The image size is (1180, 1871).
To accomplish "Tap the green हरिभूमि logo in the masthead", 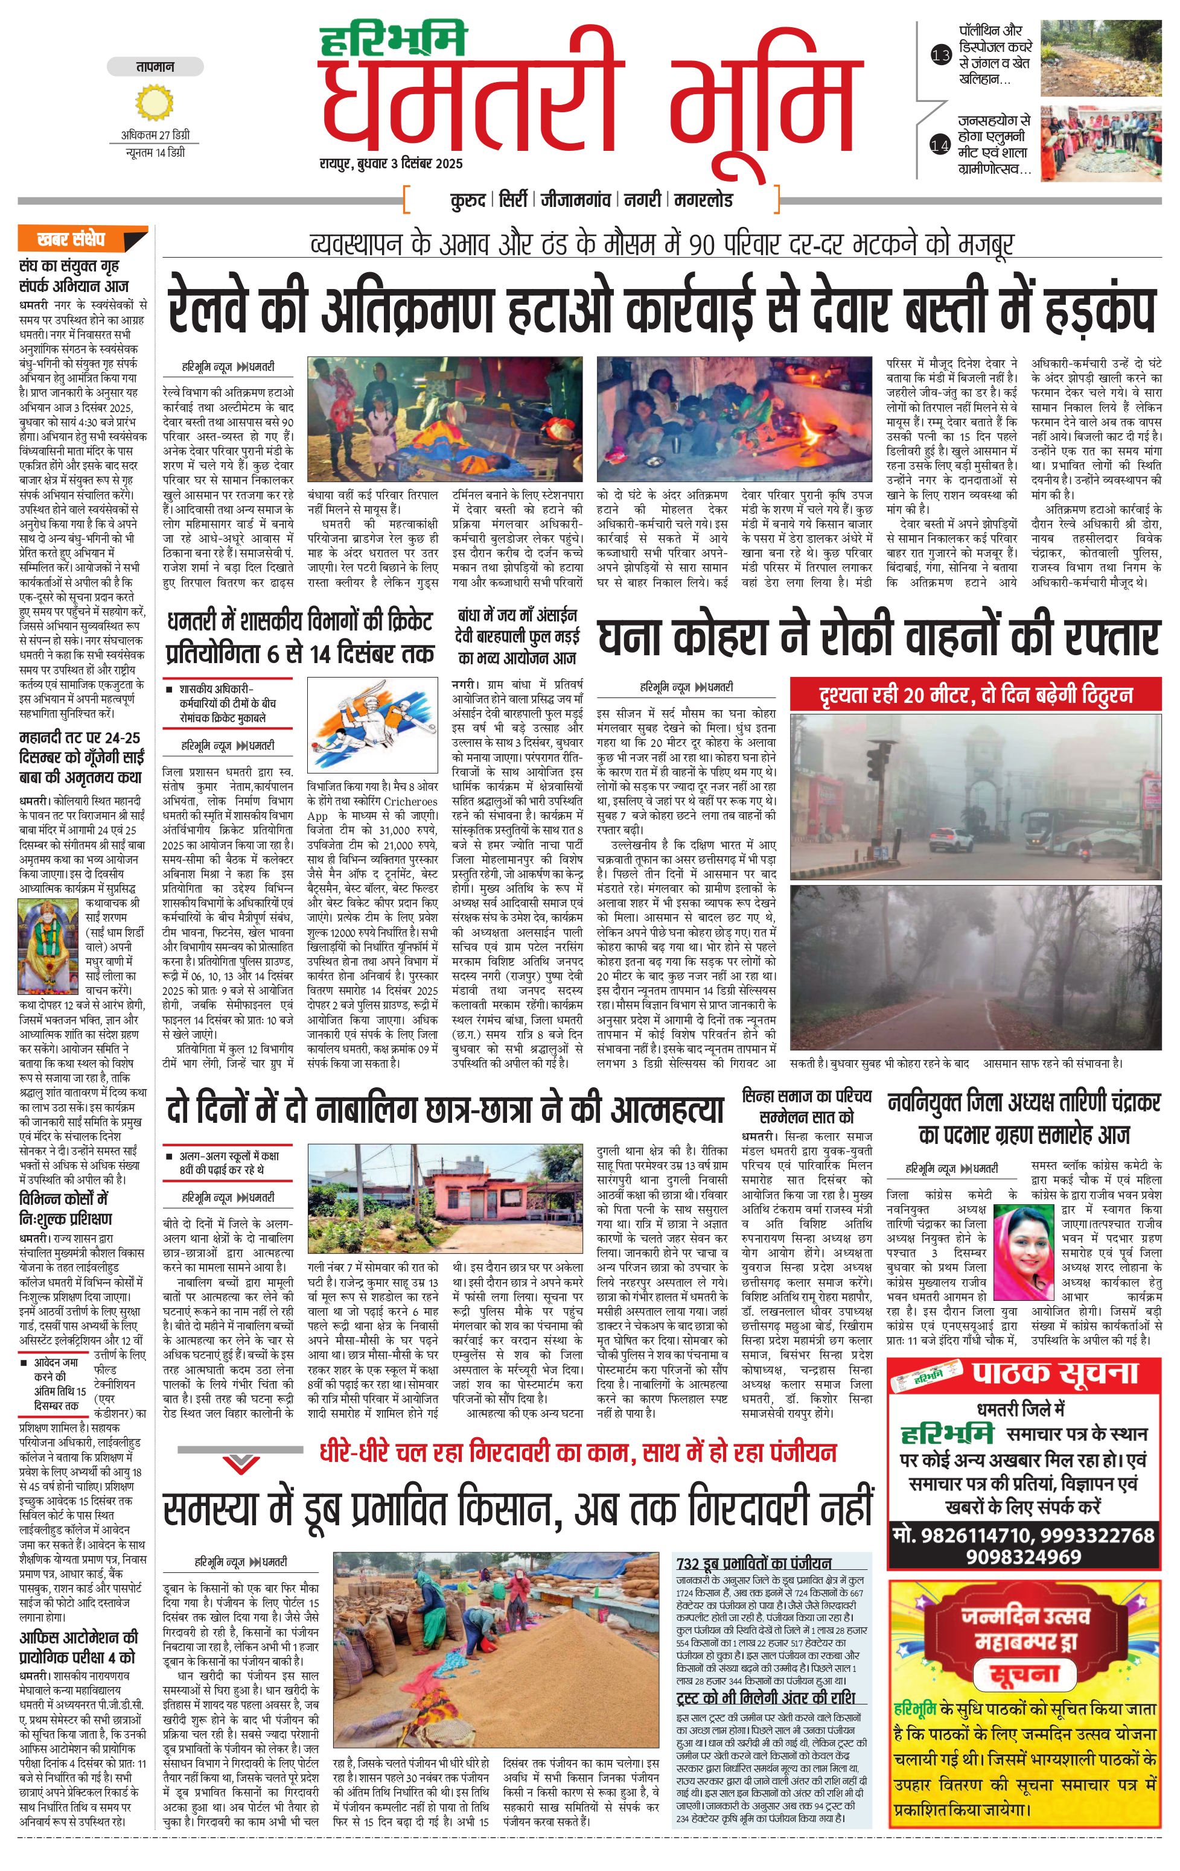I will point(394,39).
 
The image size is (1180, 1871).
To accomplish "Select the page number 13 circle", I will point(940,55).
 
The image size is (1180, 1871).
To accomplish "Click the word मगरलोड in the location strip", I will point(704,200).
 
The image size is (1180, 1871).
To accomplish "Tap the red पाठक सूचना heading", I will point(1054,1374).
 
